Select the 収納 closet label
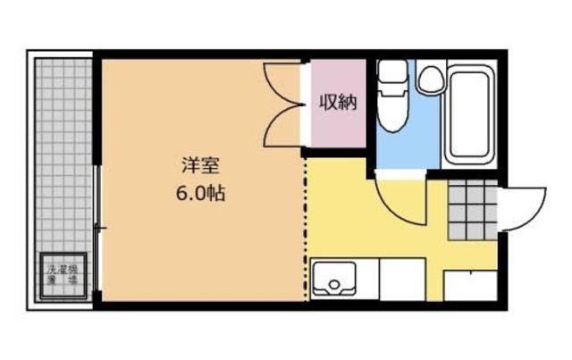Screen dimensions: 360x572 [x=338, y=103]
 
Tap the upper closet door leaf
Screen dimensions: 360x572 [x=284, y=83]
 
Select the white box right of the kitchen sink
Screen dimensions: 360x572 [x=401, y=279]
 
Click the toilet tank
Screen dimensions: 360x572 [x=391, y=71]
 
